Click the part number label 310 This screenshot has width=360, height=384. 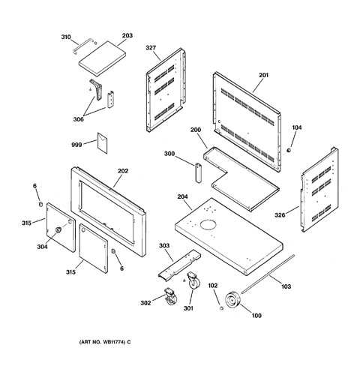(66, 37)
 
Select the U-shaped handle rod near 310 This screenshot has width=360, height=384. (82, 44)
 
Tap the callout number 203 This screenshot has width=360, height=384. (127, 36)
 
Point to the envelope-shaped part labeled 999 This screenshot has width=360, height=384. (102, 142)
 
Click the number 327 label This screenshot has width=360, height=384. (151, 47)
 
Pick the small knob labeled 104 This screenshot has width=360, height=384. (289, 150)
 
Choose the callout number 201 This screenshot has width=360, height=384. (263, 75)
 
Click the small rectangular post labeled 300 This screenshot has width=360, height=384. (199, 172)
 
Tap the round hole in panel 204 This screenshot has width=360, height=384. (208, 224)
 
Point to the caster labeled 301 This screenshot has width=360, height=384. (193, 280)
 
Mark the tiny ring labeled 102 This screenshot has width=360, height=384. (221, 308)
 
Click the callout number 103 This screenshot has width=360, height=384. (286, 286)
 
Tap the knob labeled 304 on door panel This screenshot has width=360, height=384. (58, 229)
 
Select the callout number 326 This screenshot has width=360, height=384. (280, 215)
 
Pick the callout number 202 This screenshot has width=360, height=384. (123, 171)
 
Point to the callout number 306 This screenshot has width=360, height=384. (78, 119)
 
